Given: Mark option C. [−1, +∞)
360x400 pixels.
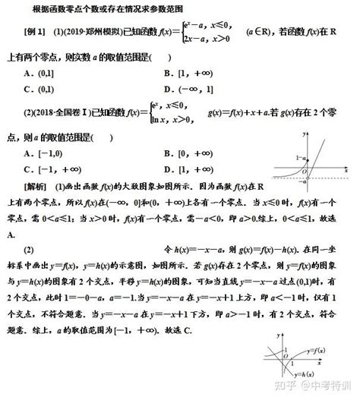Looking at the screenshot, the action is coord(55,169).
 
